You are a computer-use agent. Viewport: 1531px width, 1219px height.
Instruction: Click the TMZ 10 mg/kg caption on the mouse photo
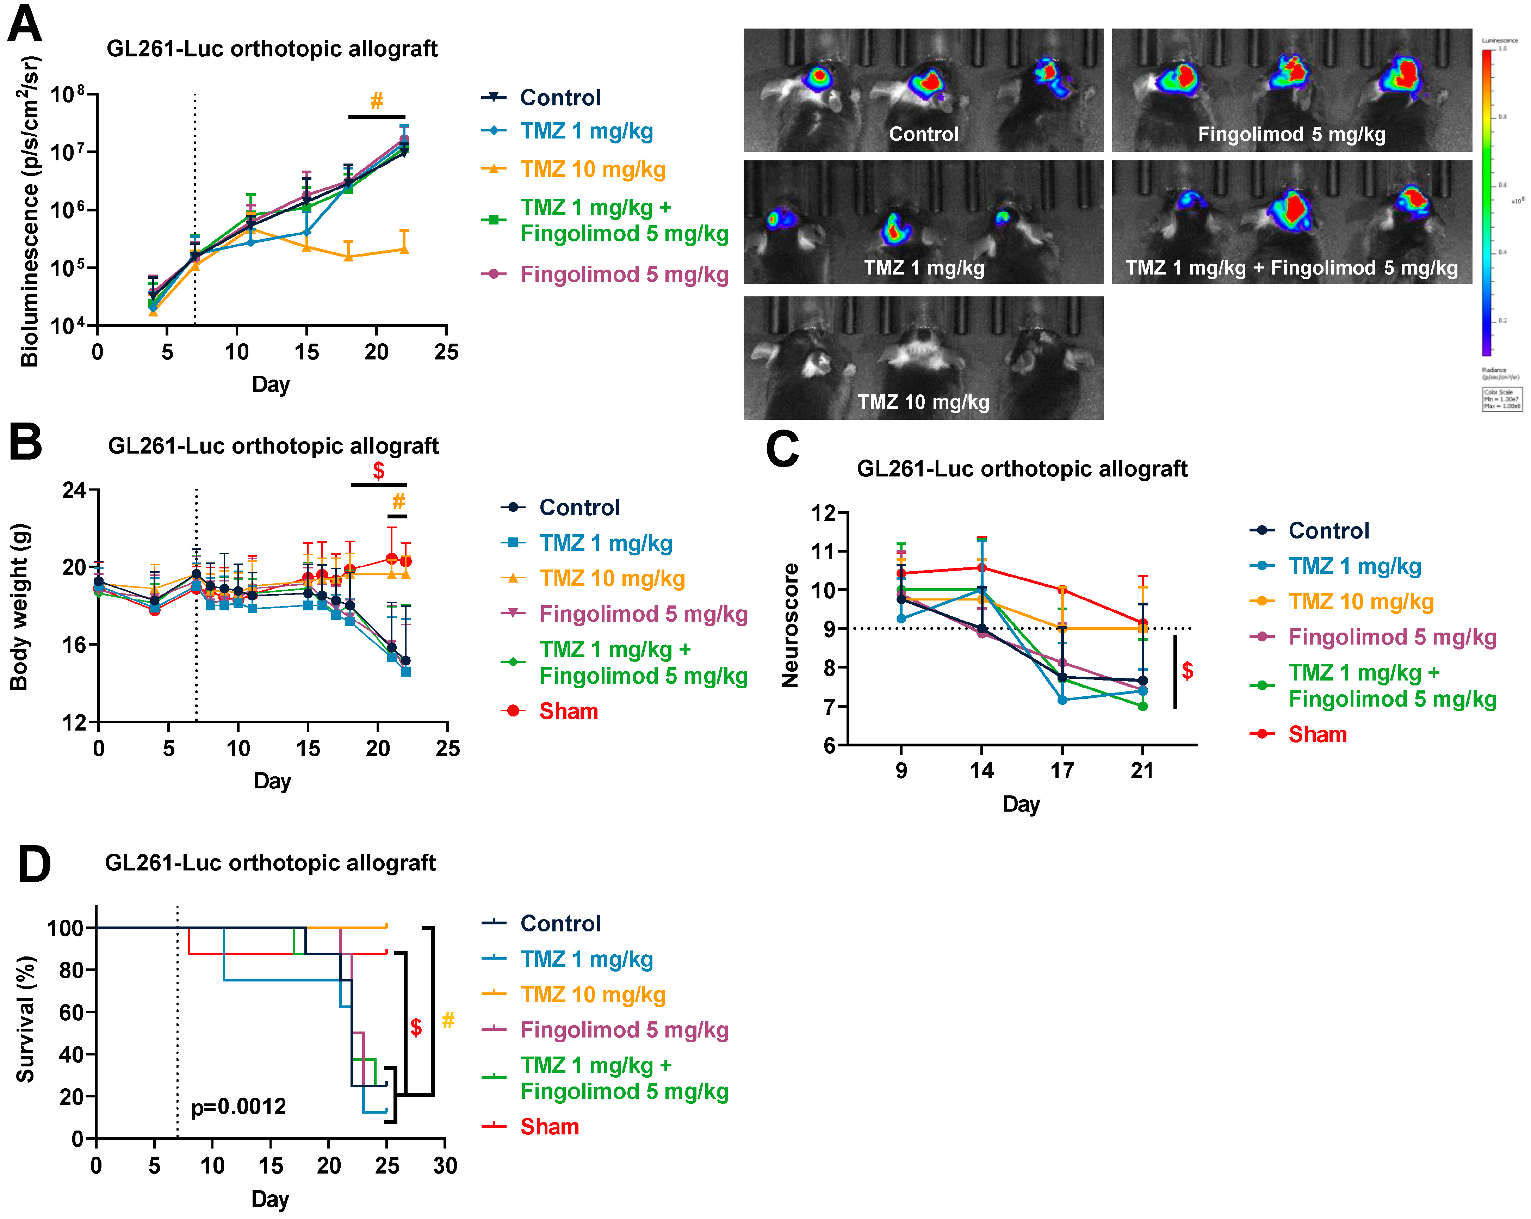[923, 402]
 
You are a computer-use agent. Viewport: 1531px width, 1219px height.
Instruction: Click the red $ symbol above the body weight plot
[378, 470]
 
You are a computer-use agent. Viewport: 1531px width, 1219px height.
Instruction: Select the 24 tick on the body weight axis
[74, 490]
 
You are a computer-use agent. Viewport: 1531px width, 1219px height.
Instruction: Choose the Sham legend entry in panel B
[568, 711]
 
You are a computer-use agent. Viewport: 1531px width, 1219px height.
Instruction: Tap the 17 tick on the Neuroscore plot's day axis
[1062, 770]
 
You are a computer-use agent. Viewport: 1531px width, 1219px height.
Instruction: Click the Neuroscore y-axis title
[790, 625]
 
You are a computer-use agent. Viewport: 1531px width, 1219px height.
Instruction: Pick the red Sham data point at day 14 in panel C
[981, 568]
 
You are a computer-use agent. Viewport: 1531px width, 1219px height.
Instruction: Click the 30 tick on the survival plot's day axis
[445, 1165]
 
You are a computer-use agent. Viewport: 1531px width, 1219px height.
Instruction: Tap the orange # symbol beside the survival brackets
[448, 1021]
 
